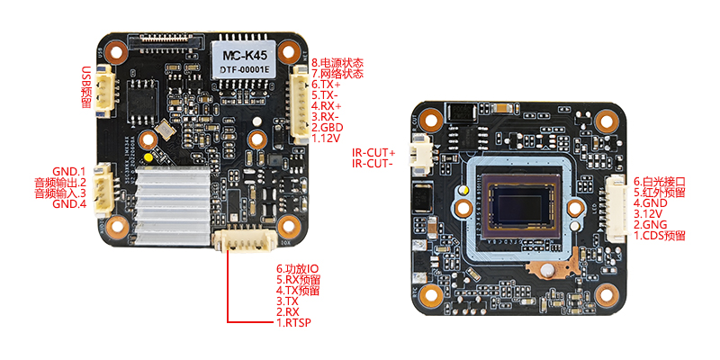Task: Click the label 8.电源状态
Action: (x=337, y=63)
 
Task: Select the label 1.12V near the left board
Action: (x=325, y=139)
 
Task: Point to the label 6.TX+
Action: (x=326, y=84)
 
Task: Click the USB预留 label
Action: (x=87, y=85)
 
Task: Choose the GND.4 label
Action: (x=68, y=204)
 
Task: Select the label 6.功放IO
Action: (x=297, y=269)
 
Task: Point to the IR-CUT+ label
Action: (x=373, y=153)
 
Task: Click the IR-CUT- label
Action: (x=373, y=164)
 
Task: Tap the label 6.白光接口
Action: (x=659, y=181)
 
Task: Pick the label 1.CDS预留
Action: (x=659, y=236)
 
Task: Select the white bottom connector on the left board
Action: (x=244, y=240)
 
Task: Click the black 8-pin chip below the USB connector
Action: (x=143, y=95)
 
